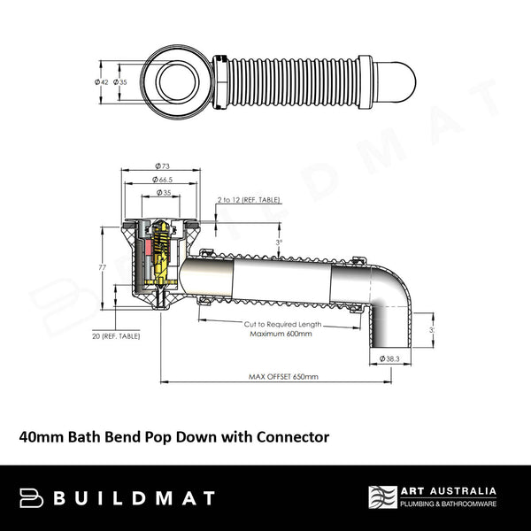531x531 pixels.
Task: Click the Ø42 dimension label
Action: click(x=102, y=81)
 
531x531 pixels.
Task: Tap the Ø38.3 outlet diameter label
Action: click(x=392, y=358)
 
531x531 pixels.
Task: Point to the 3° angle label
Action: click(x=280, y=242)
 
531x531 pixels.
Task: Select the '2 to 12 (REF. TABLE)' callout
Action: click(x=249, y=200)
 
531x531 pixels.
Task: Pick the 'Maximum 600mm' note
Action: click(x=278, y=334)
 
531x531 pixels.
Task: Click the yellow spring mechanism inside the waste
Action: click(x=161, y=252)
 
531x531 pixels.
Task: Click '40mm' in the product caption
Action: click(x=41, y=435)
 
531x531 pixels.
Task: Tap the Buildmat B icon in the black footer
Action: click(x=31, y=497)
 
